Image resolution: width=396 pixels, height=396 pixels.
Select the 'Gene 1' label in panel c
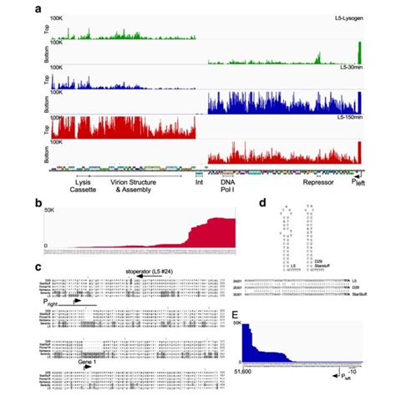89,363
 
